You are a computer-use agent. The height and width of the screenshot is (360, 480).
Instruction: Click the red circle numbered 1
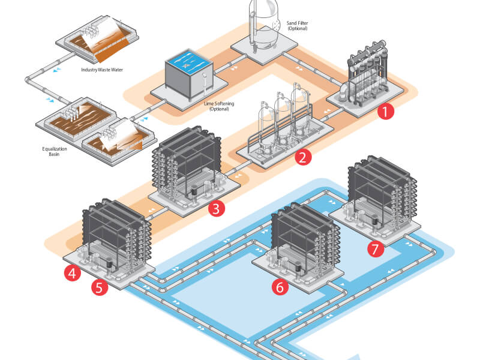pyautogui.click(x=385, y=111)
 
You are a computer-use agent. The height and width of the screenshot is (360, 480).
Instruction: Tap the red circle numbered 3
pyautogui.click(x=216, y=209)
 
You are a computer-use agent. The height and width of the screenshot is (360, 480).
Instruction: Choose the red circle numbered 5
pyautogui.click(x=100, y=287)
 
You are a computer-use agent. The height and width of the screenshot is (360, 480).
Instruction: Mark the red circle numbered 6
pyautogui.click(x=279, y=287)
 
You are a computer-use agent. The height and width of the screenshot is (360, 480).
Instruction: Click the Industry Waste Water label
pyautogui.click(x=105, y=70)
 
